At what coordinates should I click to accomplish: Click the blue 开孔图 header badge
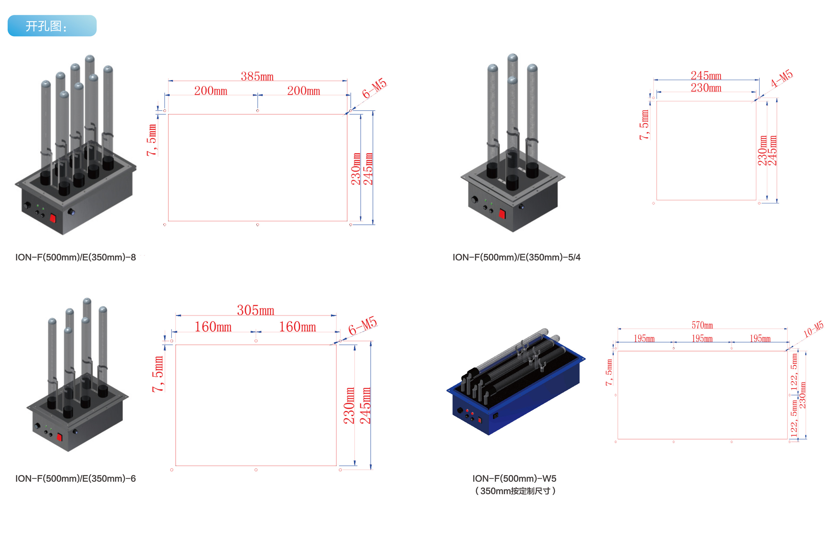(x=52, y=26)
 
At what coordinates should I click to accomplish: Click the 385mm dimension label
(x=257, y=76)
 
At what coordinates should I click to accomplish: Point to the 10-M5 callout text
(x=813, y=329)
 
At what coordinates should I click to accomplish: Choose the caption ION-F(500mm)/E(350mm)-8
(x=75, y=257)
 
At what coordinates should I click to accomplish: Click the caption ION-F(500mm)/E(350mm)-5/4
(x=516, y=257)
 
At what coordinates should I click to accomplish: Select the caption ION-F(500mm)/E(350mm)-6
(x=75, y=478)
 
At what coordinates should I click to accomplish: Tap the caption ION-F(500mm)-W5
(x=514, y=478)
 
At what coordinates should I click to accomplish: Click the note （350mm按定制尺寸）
(x=515, y=491)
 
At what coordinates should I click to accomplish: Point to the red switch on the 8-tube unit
(x=53, y=218)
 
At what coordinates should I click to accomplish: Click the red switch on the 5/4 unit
(x=502, y=214)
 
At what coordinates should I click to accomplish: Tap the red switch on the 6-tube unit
(x=59, y=437)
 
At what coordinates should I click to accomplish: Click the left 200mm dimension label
(x=211, y=91)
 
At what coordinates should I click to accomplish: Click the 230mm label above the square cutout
(x=706, y=88)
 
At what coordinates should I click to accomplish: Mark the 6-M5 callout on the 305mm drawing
(x=362, y=326)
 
